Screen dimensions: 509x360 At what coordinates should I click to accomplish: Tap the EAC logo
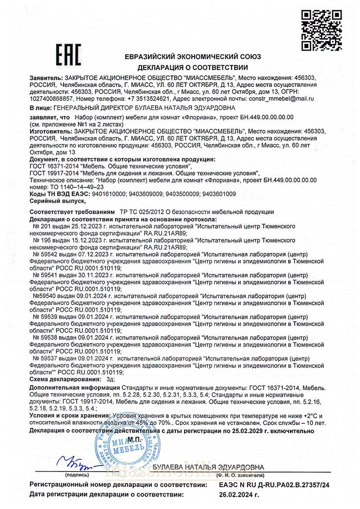[66, 54]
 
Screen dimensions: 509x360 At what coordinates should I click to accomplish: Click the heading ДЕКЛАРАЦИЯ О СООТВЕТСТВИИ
[193, 67]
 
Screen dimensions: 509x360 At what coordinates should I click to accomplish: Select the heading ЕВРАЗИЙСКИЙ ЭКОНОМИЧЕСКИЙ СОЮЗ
[192, 57]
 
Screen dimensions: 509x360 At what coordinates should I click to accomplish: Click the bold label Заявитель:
[46, 77]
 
